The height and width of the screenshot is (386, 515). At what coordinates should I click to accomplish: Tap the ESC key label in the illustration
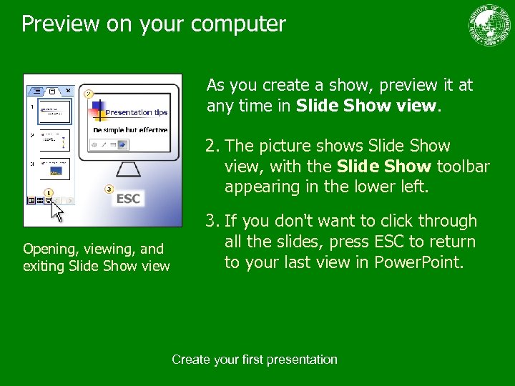(x=128, y=199)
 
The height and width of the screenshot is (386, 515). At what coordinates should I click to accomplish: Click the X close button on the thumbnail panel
(x=67, y=91)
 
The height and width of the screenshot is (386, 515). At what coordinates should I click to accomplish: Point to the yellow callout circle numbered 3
(x=109, y=189)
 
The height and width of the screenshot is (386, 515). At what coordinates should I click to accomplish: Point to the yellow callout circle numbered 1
(x=49, y=192)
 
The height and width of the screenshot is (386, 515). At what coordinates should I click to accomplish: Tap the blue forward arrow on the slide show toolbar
(x=122, y=144)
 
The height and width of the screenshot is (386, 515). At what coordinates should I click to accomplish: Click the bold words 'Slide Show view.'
(x=368, y=106)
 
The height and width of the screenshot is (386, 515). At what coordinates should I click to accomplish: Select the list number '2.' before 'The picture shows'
(x=212, y=146)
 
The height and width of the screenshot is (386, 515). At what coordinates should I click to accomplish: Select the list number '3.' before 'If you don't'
(x=212, y=222)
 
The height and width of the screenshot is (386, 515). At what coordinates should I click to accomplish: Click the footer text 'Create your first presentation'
(x=254, y=360)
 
